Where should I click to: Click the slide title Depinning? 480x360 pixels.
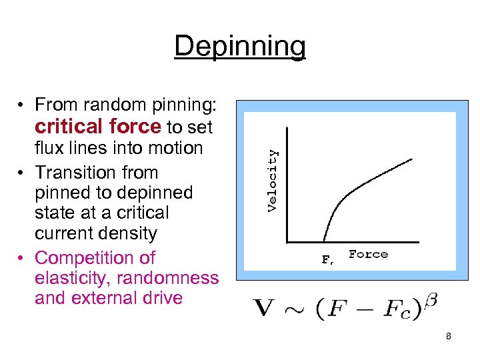click(240, 46)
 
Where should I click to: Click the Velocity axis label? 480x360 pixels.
click(272, 180)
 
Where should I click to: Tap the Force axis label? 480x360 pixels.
click(368, 255)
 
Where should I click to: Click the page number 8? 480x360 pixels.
click(449, 337)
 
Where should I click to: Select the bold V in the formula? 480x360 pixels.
click(265, 309)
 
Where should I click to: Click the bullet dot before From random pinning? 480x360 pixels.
click(23, 105)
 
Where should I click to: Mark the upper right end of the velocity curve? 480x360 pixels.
click(412, 159)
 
